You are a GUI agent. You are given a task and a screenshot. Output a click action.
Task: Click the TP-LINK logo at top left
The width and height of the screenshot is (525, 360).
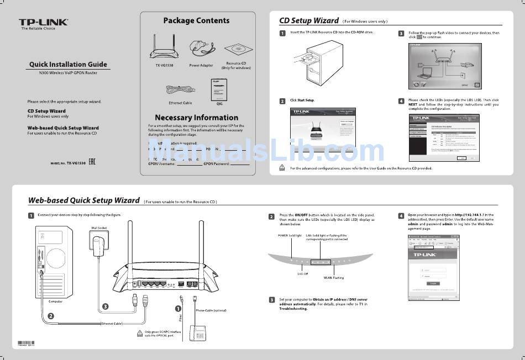click(44, 22)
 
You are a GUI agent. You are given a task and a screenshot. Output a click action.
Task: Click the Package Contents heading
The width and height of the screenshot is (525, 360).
click(196, 20)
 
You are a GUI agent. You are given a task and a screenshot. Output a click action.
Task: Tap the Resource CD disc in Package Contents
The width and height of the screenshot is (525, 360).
click(237, 51)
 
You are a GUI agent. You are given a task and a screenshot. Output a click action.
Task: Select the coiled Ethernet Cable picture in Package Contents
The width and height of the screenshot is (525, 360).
click(180, 90)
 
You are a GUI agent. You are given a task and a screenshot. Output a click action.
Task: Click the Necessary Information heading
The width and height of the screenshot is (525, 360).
click(196, 118)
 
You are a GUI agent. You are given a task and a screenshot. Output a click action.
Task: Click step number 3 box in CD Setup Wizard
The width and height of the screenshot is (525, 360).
click(401, 34)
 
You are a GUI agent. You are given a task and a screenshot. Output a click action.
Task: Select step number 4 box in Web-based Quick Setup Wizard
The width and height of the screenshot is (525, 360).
click(401, 215)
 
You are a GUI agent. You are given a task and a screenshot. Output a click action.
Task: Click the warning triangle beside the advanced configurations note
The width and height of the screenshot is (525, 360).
click(282, 168)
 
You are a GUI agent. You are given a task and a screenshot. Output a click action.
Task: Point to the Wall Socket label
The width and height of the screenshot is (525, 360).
click(100, 227)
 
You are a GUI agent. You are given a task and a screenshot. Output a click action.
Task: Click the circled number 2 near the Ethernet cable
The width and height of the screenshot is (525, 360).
click(51, 316)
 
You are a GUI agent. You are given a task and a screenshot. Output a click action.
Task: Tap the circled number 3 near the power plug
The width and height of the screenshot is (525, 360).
click(105, 306)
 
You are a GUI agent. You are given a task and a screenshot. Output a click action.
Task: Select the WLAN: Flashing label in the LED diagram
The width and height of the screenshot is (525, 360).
click(333, 278)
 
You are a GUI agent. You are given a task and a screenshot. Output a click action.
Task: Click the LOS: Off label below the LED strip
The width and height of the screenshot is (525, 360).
click(302, 273)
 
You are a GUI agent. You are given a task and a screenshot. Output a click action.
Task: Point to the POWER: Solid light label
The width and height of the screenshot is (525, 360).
click(290, 236)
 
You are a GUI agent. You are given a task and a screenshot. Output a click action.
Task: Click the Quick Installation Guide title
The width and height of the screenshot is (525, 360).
click(68, 65)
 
